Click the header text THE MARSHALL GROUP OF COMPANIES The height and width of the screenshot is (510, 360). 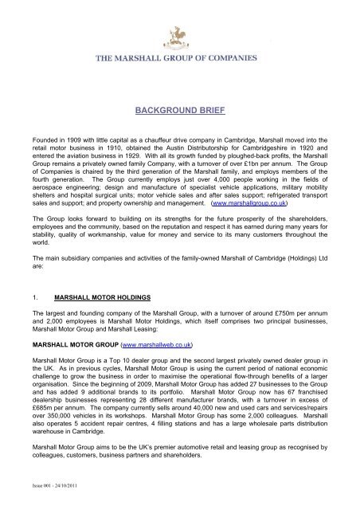180,59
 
